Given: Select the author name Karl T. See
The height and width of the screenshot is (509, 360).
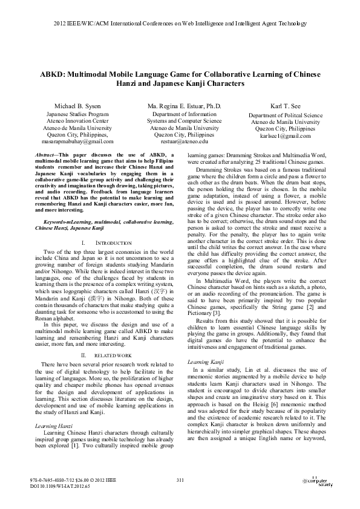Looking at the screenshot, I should (x=286, y=106).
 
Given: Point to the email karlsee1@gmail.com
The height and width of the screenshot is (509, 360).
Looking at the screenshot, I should (x=286, y=135).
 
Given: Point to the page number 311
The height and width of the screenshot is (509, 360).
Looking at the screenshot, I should (x=180, y=479).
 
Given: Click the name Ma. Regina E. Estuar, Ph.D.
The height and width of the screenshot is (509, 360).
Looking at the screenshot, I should (x=184, y=106).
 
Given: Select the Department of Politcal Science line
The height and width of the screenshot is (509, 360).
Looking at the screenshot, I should (x=286, y=115).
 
